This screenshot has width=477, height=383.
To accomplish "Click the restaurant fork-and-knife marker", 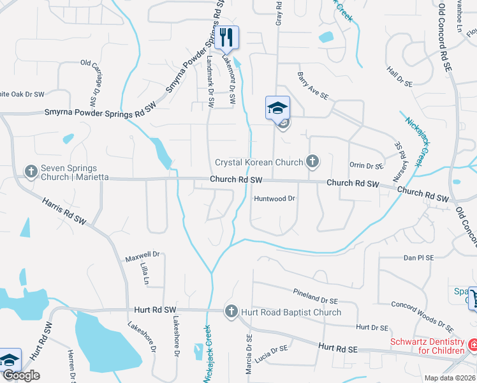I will pos(226,38).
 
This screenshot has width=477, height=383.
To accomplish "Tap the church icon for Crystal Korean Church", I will pos(312,162).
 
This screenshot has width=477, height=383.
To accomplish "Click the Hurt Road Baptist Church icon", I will pos(231,312).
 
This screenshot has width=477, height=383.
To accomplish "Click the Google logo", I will pos(21,375).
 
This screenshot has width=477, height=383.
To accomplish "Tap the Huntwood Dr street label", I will pos(275,199).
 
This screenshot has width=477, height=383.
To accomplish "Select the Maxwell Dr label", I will pos(142,259).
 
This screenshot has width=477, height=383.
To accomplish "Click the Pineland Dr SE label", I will pos(315,296).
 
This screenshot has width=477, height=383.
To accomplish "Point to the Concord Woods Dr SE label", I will pos(422,317).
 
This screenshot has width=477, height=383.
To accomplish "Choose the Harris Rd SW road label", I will pos(64,211).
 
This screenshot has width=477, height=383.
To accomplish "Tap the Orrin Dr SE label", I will pos(366,165).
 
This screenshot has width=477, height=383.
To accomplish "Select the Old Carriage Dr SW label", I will pos(92,76).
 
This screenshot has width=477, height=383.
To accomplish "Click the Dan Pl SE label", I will pos(418,259).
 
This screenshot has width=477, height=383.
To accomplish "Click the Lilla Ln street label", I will pos(144,275).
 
